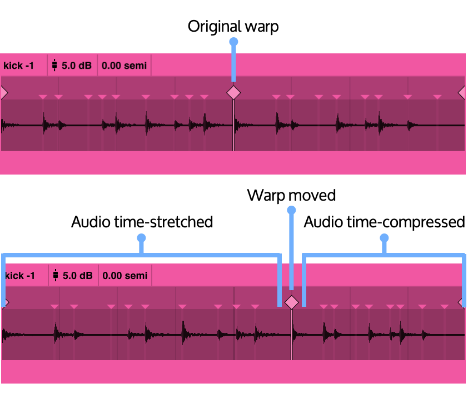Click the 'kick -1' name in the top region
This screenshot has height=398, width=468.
pos(19,66)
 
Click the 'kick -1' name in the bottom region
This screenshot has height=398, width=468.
pos(20,276)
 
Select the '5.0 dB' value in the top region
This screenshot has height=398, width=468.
pos(76,66)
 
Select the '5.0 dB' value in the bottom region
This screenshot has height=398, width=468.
pos(77,276)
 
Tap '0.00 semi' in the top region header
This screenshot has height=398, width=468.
pos(124,66)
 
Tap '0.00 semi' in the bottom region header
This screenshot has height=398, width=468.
pos(125,276)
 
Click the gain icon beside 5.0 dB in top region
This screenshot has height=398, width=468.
pos(54,66)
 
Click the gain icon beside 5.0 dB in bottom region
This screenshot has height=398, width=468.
pos(56,276)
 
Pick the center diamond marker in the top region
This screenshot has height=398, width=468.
pos(233,93)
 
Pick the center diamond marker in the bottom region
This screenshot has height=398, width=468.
pos(291,302)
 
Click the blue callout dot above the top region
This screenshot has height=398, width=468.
pos(233,42)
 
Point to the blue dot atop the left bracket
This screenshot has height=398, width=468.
pos(141,238)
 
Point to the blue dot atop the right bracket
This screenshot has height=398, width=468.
pos(384,238)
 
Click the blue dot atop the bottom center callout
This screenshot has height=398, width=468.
pos(291,210)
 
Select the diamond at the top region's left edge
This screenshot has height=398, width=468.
pos(3,93)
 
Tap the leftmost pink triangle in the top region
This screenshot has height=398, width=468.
pos(43,97)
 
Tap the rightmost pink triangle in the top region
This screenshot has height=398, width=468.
pos(437,97)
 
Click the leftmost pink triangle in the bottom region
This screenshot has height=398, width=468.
pos(54,307)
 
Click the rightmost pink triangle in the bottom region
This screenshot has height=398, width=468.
pos(444,307)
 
